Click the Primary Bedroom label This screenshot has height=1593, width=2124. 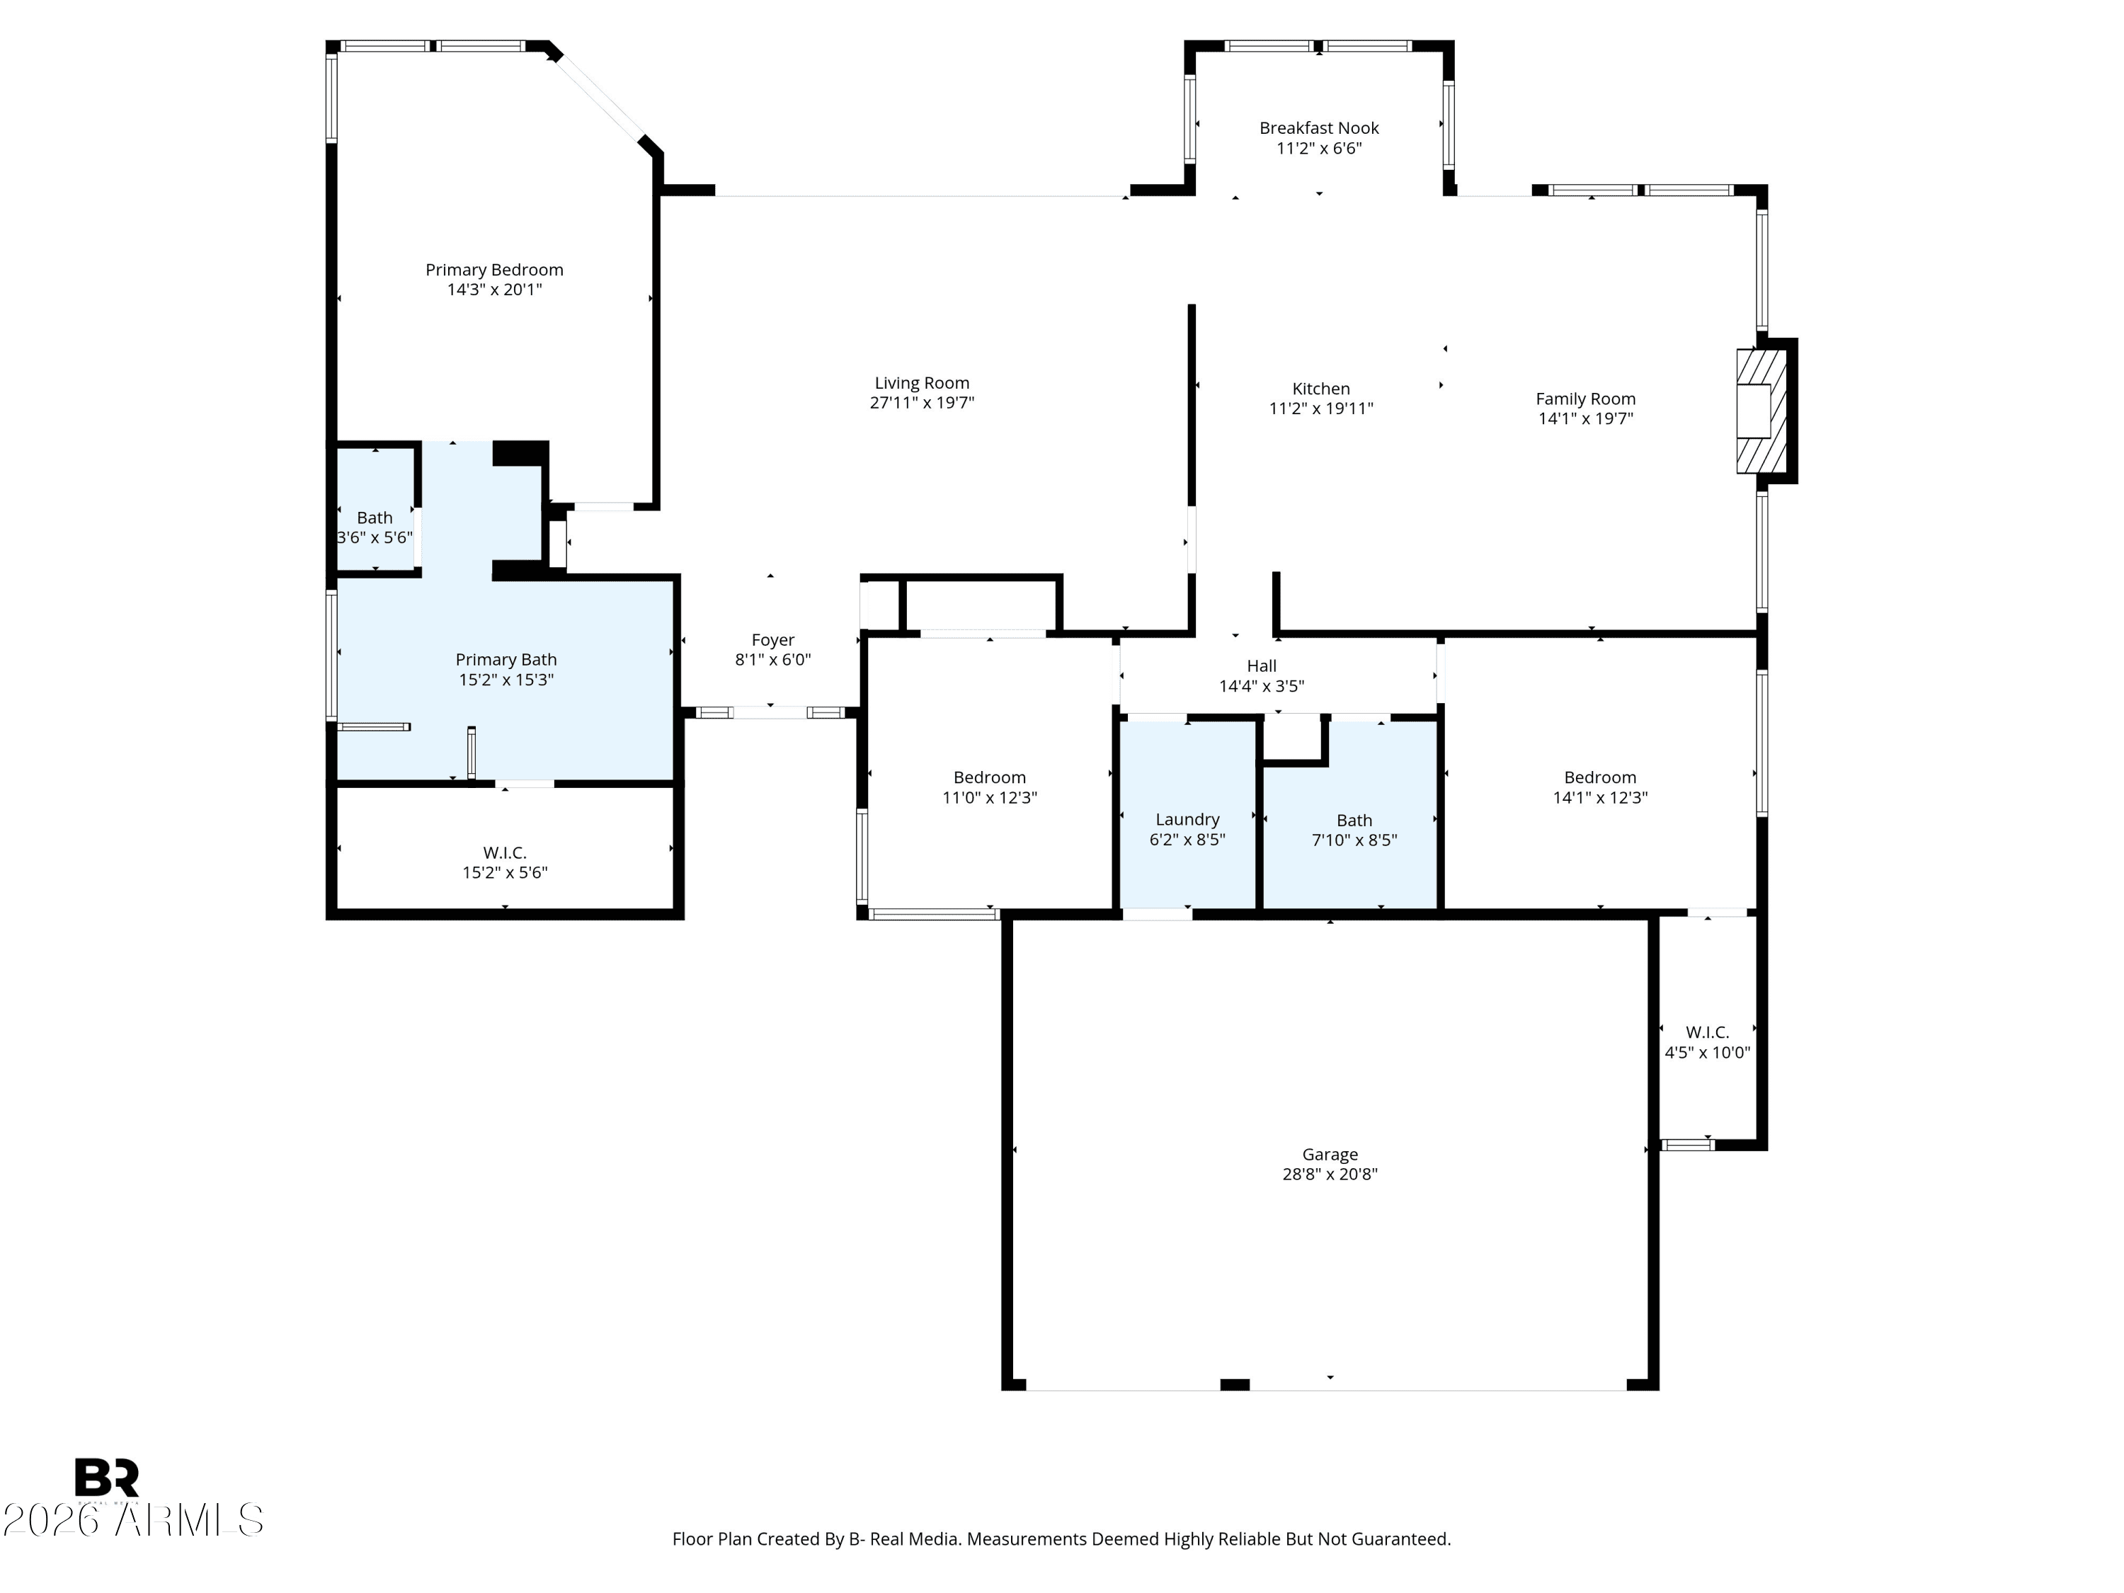(494, 270)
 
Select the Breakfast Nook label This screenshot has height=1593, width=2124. (1319, 127)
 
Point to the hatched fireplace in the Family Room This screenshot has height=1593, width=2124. (1762, 411)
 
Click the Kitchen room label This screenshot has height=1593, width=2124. (1321, 389)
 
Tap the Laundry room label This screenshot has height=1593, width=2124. (1188, 820)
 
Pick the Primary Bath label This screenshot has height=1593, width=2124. (506, 660)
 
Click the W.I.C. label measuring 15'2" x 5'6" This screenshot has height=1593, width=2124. (505, 852)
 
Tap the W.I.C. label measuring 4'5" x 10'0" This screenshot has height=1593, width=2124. (1707, 1032)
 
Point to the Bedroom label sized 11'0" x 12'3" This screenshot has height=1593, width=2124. (990, 778)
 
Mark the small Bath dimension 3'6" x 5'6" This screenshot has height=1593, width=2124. (375, 537)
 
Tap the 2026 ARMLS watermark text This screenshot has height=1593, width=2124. (134, 1520)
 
